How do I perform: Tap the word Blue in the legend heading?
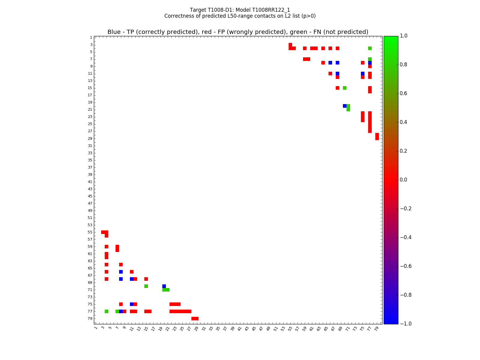[x=114, y=32]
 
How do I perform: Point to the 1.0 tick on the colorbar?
[x=404, y=36]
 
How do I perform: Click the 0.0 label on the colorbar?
[x=404, y=180]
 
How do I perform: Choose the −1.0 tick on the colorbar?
[x=405, y=324]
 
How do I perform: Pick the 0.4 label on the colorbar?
[x=404, y=122]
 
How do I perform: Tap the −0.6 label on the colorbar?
[x=405, y=266]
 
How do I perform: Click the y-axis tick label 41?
[x=90, y=182]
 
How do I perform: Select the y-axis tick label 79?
[x=90, y=319]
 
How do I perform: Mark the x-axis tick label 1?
[x=95, y=328]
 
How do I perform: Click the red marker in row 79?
[x=195, y=319]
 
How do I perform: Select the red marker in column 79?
[x=377, y=136]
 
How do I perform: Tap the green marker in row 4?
[x=370, y=48]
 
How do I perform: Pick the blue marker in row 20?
[x=345, y=106]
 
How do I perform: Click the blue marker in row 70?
[x=164, y=286]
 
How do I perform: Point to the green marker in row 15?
[x=345, y=88]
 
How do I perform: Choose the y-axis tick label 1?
[x=91, y=37]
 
